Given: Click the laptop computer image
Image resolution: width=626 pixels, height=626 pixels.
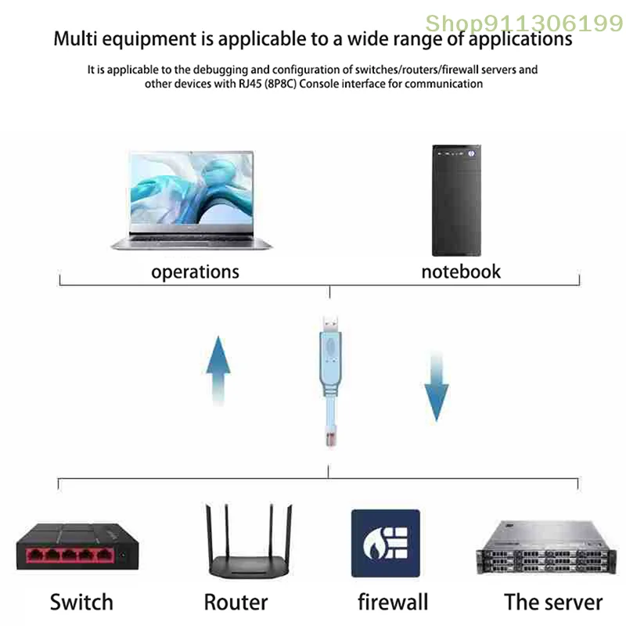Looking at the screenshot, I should (x=192, y=199).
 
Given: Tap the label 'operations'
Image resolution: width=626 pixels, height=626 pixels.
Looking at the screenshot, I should (x=195, y=272).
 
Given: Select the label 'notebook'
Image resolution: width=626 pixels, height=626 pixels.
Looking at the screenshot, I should (x=461, y=272).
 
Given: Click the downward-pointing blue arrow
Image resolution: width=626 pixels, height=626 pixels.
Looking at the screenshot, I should (x=436, y=387).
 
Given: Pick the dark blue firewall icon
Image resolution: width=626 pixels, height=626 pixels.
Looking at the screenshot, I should (x=385, y=543).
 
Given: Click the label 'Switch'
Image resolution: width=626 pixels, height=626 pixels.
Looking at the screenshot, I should (x=81, y=603).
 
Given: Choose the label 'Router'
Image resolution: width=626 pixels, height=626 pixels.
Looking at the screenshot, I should (x=236, y=603).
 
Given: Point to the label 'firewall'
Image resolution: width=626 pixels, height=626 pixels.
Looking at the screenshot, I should (x=393, y=603).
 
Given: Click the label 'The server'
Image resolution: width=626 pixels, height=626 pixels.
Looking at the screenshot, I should (x=553, y=603).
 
